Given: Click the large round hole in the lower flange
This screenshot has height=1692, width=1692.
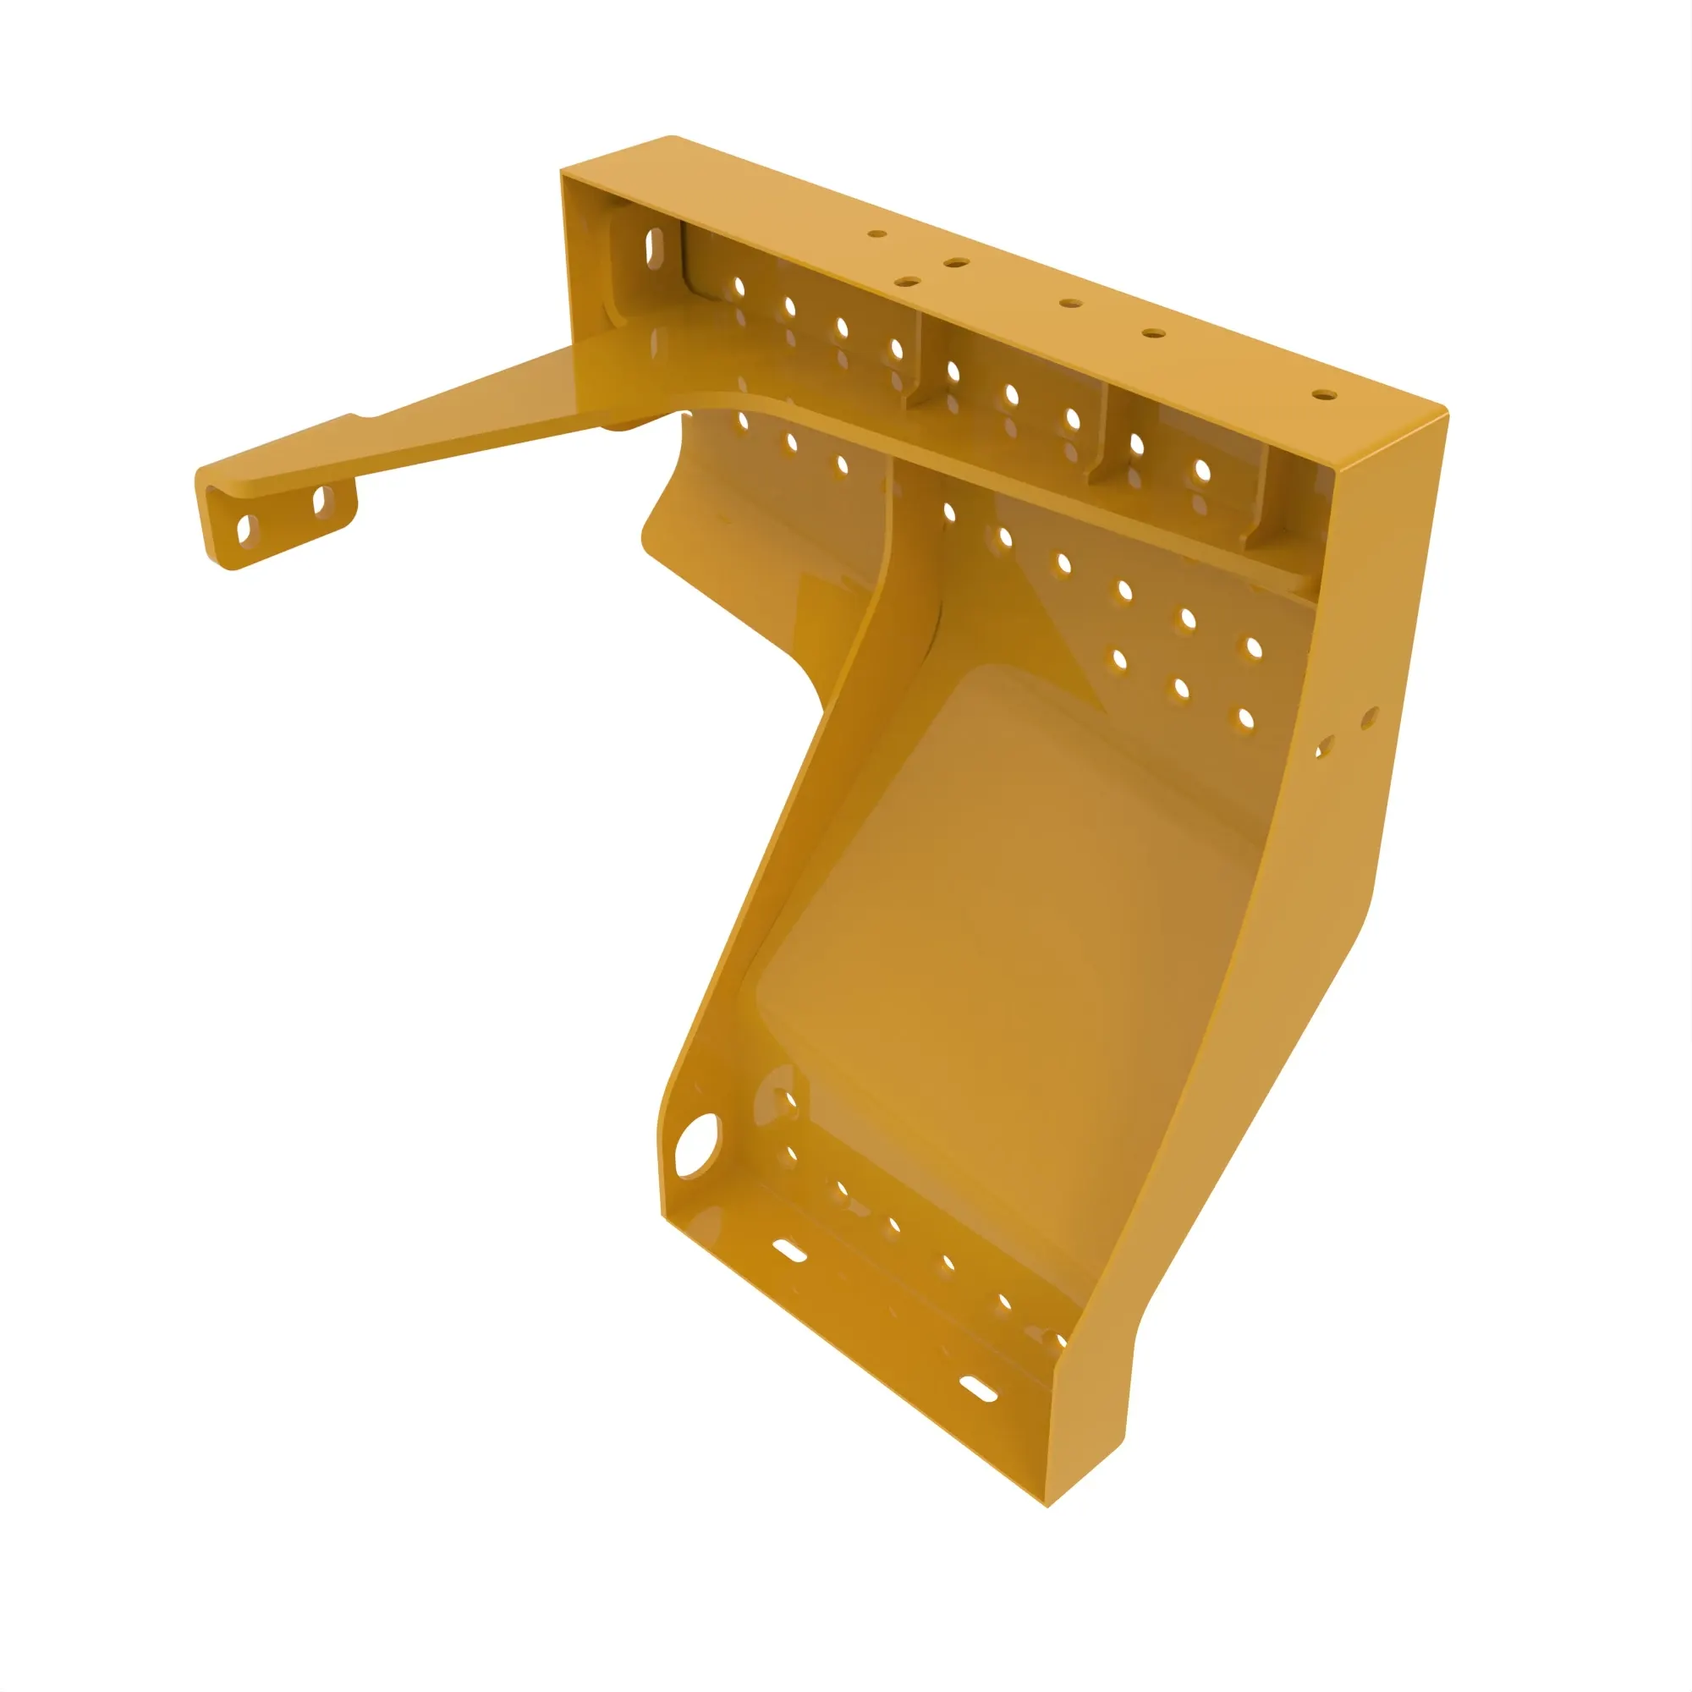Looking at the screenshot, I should tap(697, 1145).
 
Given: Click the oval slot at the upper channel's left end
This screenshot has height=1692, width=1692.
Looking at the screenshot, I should tap(654, 246).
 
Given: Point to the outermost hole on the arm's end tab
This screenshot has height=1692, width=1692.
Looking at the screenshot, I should tap(246, 529).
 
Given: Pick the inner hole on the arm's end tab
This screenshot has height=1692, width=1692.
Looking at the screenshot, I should tap(321, 502).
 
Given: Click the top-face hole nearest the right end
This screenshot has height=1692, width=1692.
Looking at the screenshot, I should tap(1324, 395).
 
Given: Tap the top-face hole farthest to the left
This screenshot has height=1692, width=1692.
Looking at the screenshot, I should tap(876, 233).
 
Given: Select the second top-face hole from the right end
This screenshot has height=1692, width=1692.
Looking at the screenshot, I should tap(1153, 333).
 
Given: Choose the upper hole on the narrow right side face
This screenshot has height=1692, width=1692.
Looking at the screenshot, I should tap(1369, 719).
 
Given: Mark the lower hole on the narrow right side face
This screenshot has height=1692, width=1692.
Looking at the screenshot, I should tap(1324, 747).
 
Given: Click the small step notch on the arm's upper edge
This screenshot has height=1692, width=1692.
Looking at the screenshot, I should tap(357, 418).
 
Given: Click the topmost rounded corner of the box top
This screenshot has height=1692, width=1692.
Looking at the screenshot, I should tap(671, 138).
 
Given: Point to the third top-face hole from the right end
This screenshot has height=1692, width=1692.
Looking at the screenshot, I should tap(1070, 303).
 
